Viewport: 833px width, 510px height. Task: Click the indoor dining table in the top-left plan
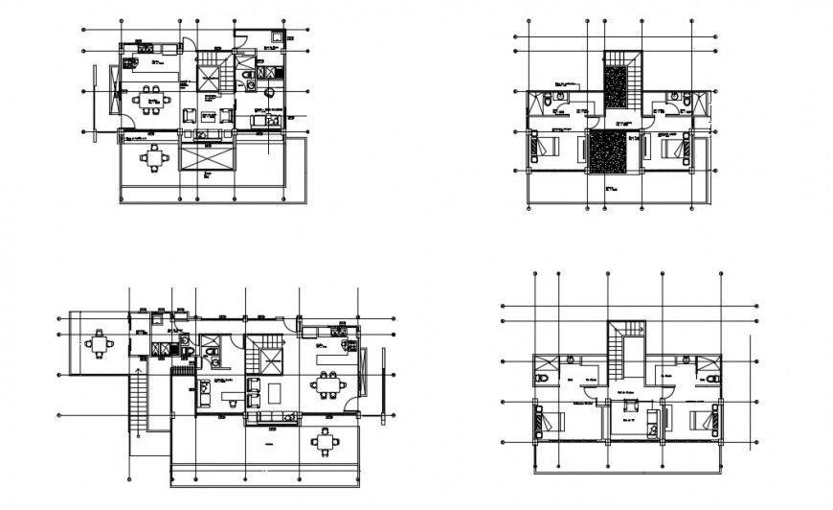147,99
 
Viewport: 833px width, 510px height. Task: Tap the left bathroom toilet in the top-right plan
558,97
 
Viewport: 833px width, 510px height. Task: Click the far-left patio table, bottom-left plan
100,342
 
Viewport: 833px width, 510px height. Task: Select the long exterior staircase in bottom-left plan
140,402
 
